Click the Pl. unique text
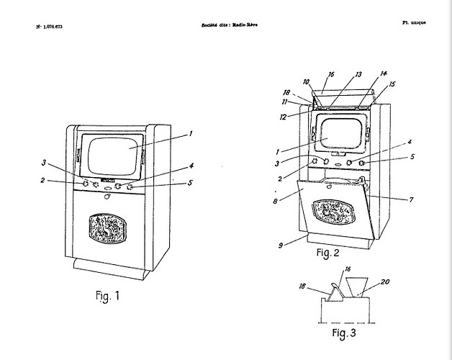point(414,23)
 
